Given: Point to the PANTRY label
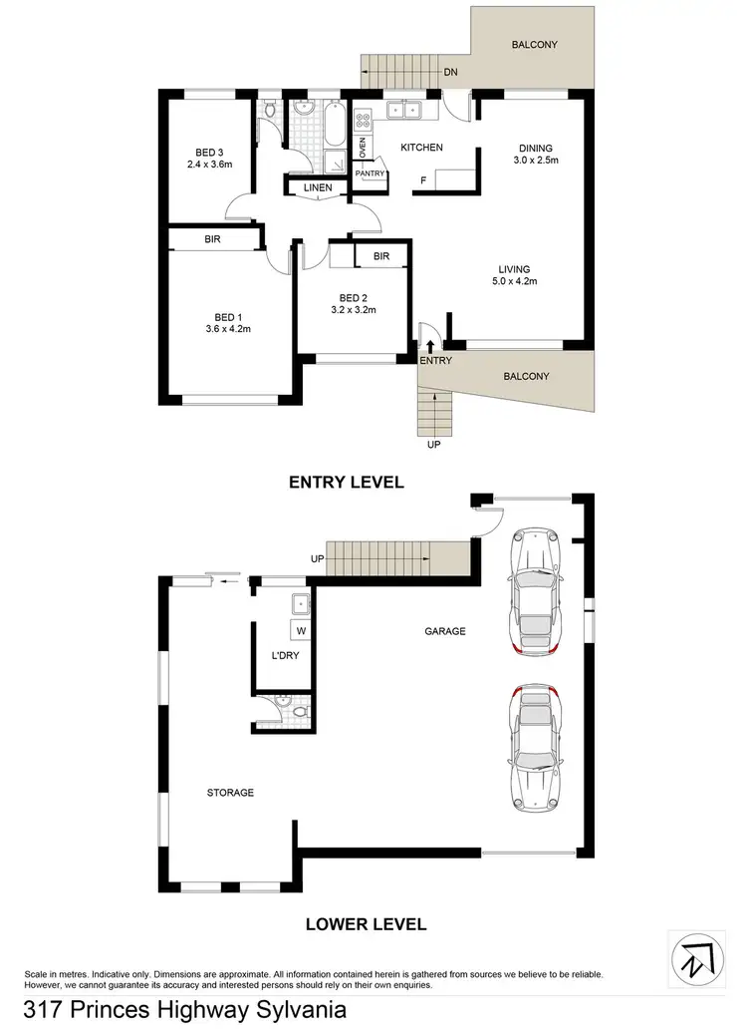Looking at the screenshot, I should click(370, 173).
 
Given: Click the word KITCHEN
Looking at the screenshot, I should click(421, 148).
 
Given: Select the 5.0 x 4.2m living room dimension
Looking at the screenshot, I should click(515, 281).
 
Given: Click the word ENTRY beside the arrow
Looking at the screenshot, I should click(435, 361).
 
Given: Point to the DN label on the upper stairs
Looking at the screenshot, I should click(450, 72).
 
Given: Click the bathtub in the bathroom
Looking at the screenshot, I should click(334, 129).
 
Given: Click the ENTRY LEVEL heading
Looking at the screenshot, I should click(346, 483).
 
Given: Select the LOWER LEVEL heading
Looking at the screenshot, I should click(366, 924).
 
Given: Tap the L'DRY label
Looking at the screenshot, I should click(286, 656).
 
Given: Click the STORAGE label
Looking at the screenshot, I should click(230, 793).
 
